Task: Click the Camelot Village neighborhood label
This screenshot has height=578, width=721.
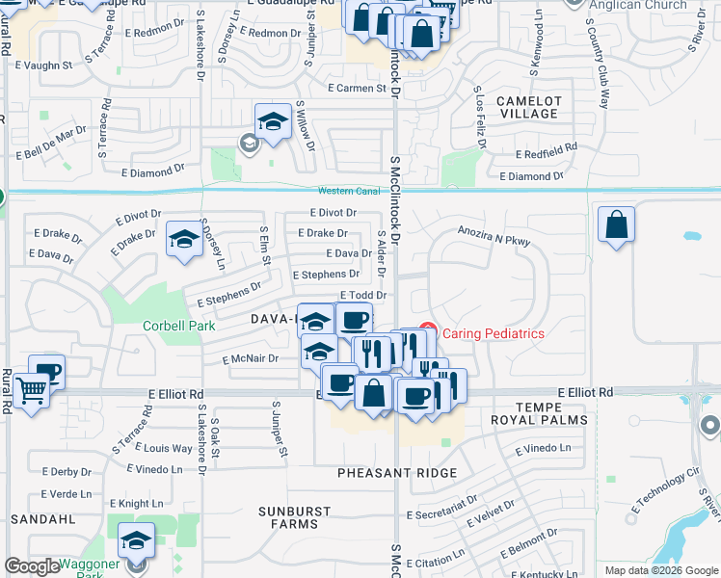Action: (528, 107)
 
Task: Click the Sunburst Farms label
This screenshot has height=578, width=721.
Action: (295, 517)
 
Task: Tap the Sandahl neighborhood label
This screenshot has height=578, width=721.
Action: (43, 518)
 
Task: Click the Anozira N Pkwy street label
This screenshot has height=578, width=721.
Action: (494, 237)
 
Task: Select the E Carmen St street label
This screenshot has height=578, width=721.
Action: (356, 89)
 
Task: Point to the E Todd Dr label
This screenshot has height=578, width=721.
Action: (362, 296)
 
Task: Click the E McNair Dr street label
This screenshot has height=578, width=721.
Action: (249, 358)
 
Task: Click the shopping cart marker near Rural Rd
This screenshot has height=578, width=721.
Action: (32, 390)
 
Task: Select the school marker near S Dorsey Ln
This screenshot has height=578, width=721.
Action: (183, 240)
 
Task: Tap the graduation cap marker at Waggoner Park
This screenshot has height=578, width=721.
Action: (137, 541)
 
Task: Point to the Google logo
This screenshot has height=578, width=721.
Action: (32, 566)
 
